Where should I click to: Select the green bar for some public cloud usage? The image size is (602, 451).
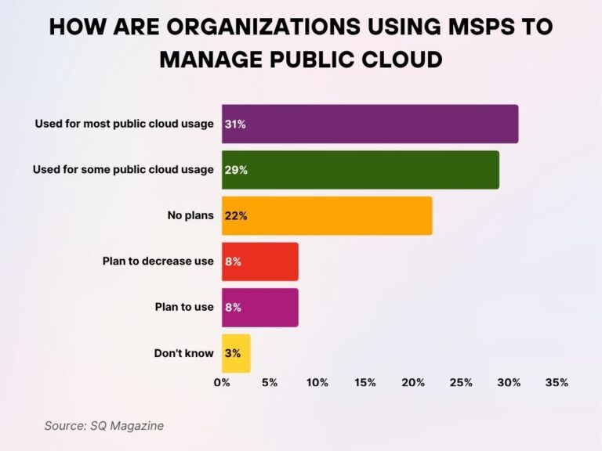361,170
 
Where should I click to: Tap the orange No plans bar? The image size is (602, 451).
327,215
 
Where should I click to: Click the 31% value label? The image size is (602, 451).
235,124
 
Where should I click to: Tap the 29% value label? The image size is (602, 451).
236,170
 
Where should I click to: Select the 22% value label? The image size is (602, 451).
236,215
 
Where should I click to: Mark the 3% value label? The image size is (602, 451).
232,353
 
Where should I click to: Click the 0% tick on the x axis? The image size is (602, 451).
222,383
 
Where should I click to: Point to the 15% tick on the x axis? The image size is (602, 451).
365,383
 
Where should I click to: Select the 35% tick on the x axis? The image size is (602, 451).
557,383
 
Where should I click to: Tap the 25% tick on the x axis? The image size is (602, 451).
461,383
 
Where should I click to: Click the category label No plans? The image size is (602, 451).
190,215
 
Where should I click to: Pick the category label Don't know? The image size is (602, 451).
183,353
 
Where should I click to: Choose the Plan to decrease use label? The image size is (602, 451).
158,262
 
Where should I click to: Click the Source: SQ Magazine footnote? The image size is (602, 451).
104,425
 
